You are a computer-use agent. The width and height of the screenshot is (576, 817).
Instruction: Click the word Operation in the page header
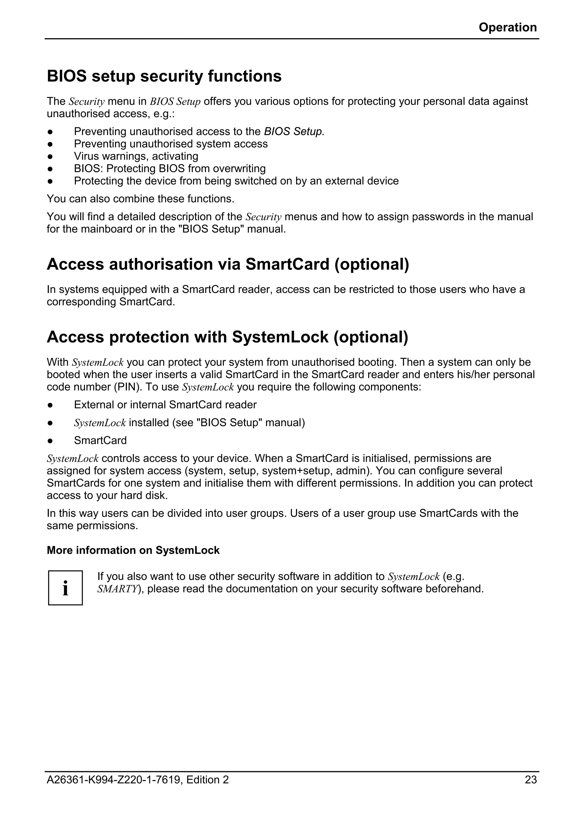click(x=507, y=27)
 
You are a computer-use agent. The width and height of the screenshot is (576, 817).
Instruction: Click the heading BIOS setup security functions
click(x=164, y=76)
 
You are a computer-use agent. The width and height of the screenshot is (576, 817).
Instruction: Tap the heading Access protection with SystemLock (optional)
click(x=227, y=337)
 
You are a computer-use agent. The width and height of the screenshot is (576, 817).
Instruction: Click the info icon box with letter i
click(x=66, y=588)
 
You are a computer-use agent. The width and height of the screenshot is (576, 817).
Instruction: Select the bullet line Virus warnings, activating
click(x=136, y=156)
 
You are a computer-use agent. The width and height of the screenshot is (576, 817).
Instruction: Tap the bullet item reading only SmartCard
click(x=100, y=440)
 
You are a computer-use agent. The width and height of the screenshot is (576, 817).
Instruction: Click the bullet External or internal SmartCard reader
click(x=165, y=405)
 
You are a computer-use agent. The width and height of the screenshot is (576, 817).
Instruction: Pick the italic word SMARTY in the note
click(x=117, y=589)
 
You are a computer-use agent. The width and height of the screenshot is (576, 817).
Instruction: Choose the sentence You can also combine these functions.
click(x=141, y=198)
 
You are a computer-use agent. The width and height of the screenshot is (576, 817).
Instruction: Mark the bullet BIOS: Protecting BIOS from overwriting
click(x=170, y=168)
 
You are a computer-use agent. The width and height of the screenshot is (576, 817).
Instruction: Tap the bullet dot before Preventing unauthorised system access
click(x=50, y=144)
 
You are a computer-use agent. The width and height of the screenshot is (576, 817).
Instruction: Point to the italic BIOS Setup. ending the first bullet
click(x=294, y=132)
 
